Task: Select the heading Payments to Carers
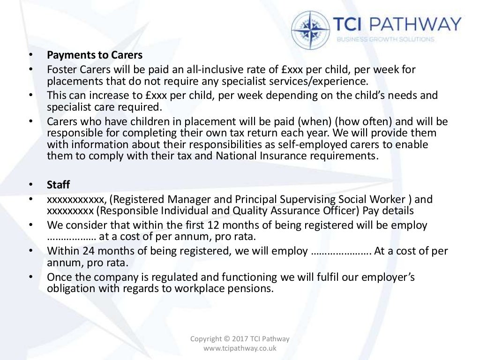tap(95, 55)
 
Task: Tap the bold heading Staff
tap(58, 184)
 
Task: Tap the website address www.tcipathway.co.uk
tap(240, 348)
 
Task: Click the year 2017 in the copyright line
tap(241, 339)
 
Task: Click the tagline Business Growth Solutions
tap(385, 39)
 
